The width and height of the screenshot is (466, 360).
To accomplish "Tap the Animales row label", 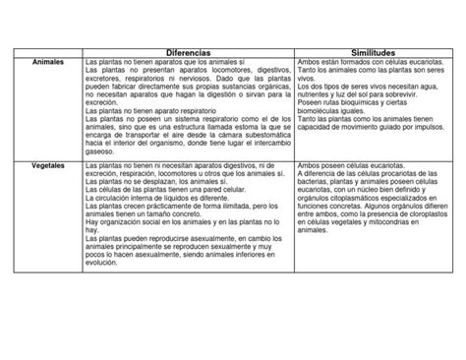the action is [x=49, y=62].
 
